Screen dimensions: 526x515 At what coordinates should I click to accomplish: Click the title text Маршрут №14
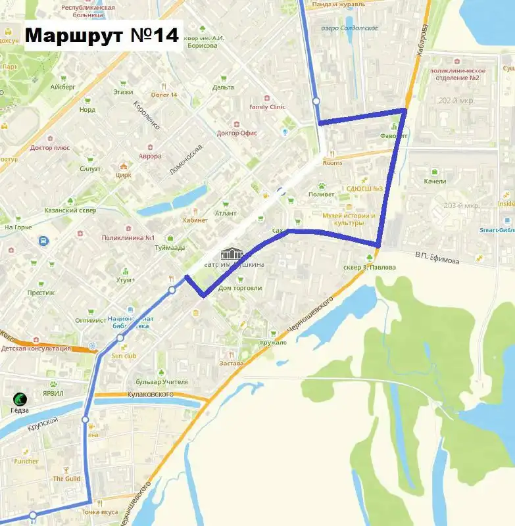pyautogui.click(x=103, y=36)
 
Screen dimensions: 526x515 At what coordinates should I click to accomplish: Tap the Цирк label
pyautogui.click(x=123, y=175)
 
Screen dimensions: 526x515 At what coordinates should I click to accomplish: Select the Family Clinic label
pyautogui.click(x=267, y=107)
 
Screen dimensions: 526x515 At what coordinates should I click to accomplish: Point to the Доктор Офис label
pyautogui.click(x=237, y=133)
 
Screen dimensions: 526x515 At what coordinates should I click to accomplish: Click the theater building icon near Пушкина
pyautogui.click(x=232, y=254)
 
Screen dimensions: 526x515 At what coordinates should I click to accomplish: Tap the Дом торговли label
pyautogui.click(x=240, y=287)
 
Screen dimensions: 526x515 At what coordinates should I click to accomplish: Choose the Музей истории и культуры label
pyautogui.click(x=349, y=219)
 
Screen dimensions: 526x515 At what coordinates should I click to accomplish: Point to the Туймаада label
pyautogui.click(x=170, y=248)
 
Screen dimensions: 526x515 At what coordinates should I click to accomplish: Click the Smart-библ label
pyautogui.click(x=496, y=230)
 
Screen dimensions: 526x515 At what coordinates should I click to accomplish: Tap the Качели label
pyautogui.click(x=435, y=181)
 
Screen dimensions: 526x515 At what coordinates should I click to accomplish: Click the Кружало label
pyautogui.click(x=273, y=342)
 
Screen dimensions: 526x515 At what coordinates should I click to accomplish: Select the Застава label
pyautogui.click(x=232, y=363)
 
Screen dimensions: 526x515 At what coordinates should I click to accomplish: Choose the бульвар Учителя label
pyautogui.click(x=161, y=381)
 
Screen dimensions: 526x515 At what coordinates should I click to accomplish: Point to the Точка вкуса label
pyautogui.click(x=100, y=512)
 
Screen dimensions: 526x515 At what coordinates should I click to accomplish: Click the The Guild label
pyautogui.click(x=66, y=479)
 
